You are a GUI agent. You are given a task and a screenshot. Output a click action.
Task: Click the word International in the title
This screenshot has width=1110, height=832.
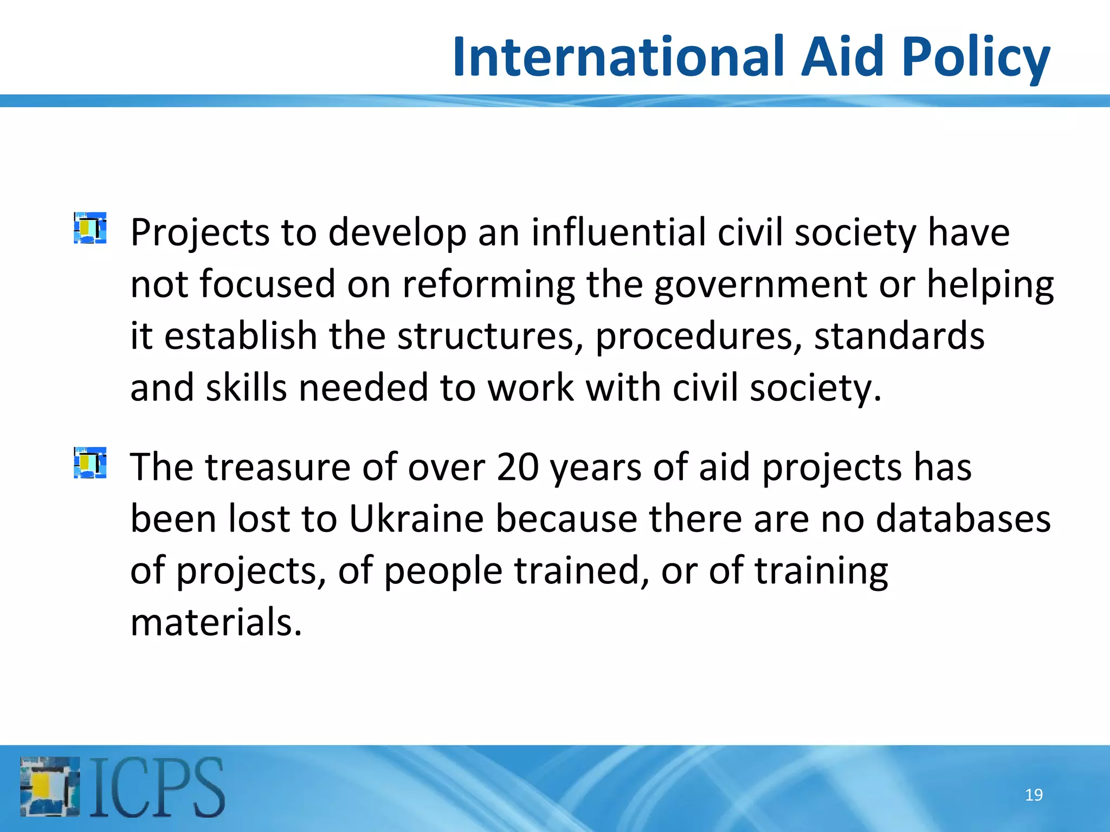(620, 56)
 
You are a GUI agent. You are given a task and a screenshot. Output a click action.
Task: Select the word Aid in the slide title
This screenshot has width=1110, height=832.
(843, 56)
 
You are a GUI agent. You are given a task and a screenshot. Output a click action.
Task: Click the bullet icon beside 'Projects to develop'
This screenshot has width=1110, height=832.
(90, 228)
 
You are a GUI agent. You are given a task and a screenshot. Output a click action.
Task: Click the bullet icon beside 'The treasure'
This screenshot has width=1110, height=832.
(90, 463)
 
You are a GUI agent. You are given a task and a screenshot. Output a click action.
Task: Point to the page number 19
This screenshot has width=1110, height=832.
(1034, 795)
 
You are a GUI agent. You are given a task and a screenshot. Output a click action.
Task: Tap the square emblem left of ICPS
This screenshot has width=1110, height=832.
(50, 786)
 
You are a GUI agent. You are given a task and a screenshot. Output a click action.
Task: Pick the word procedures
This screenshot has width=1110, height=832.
(699, 337)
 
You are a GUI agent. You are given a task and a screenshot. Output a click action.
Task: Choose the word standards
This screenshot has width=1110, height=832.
(899, 336)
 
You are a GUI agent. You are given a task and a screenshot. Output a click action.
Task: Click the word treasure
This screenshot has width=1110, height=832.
(277, 467)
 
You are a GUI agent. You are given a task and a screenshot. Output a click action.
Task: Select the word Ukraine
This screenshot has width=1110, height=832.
(416, 519)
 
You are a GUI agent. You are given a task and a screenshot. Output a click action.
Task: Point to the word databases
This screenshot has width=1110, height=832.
(963, 519)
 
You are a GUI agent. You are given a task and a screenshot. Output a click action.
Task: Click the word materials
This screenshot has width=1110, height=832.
(216, 622)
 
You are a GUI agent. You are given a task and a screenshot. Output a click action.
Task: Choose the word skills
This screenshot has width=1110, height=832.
(246, 388)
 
